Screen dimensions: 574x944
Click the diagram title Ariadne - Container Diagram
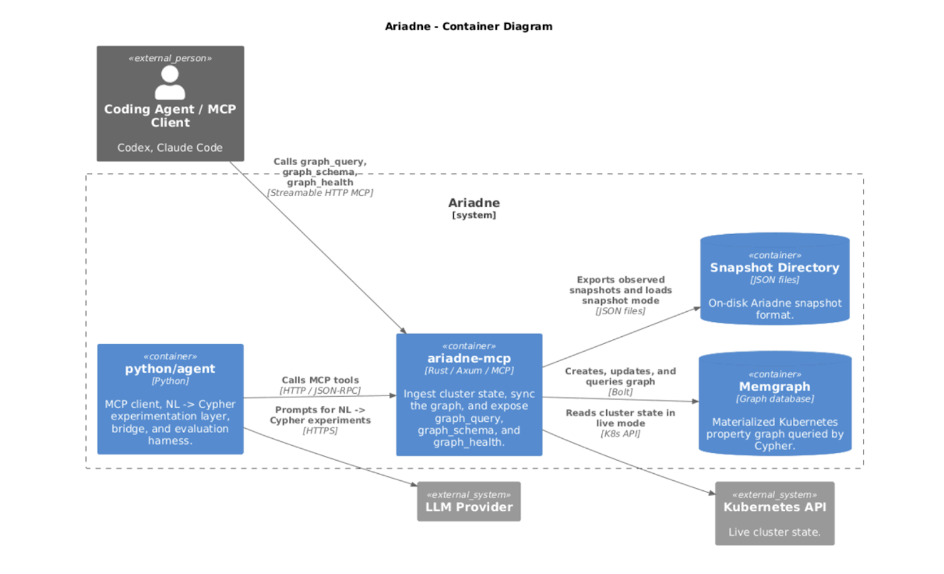468,26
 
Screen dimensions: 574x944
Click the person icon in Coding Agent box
170,82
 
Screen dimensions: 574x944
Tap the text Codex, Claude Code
170,148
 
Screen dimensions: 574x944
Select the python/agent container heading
170,369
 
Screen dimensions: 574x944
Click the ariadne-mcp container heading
469,358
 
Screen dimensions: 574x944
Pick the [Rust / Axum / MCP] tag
469,371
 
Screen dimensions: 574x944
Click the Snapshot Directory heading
774,267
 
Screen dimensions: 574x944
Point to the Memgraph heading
774,387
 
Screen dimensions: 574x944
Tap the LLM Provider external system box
468,502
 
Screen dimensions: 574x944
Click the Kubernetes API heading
774,507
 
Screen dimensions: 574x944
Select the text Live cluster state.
774,532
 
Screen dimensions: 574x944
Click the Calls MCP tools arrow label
320,380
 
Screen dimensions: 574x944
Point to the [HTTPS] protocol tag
320,430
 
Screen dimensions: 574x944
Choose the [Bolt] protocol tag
620,392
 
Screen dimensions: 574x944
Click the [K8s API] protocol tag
620,433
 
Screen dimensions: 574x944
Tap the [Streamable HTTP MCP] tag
320,193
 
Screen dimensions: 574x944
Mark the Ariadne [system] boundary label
474,208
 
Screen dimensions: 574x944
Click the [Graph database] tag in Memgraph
774,399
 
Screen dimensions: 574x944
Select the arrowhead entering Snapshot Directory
697,308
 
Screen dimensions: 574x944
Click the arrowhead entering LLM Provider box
414,484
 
